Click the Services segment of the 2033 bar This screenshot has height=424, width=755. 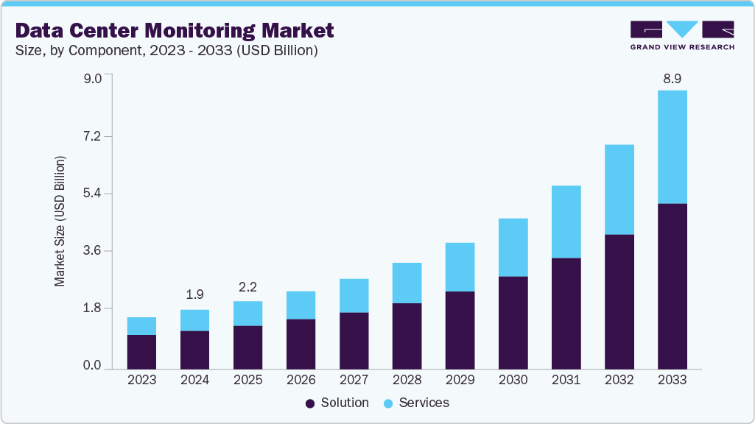[672, 146]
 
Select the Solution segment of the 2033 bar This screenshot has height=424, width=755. [672, 286]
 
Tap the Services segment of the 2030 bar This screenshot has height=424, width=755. [513, 247]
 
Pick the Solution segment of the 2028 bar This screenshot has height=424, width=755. [407, 336]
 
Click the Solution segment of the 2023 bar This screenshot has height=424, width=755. [141, 352]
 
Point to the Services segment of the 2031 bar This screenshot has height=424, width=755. [566, 222]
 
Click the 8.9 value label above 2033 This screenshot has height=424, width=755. [672, 79]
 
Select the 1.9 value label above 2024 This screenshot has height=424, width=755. [194, 294]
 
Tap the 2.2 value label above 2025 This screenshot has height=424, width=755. [247, 286]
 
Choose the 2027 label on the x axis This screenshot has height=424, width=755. [354, 380]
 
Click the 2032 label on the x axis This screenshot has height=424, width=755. [619, 380]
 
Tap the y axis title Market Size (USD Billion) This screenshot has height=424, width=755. [60, 222]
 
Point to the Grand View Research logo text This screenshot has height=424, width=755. [681, 47]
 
